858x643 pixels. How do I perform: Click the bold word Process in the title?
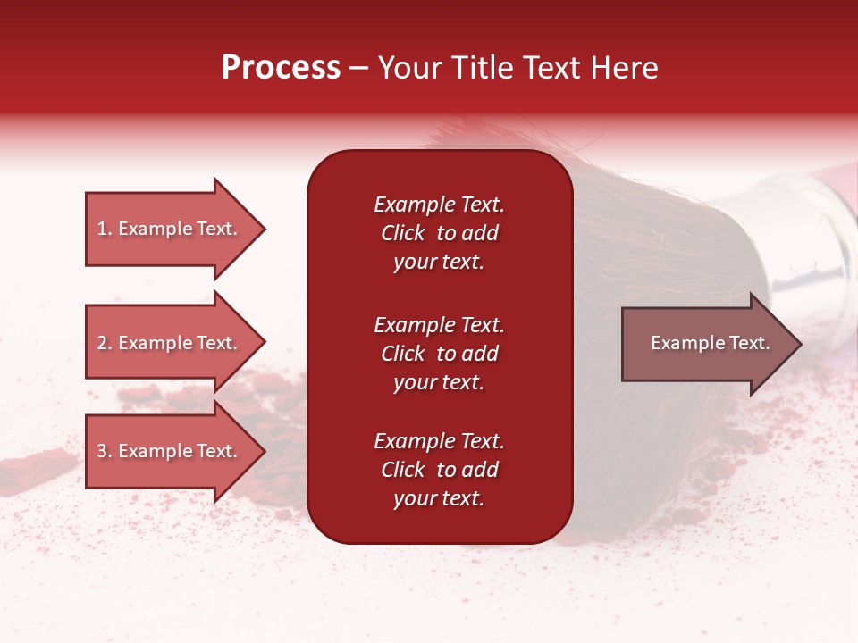[x=281, y=68]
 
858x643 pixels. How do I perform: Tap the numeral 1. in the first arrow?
[x=105, y=230]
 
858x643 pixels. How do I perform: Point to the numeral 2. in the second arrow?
[x=105, y=344]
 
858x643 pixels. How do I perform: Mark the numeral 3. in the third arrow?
[x=105, y=452]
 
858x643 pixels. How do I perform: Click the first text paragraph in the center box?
[x=439, y=233]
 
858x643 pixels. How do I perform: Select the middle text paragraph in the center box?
[x=439, y=354]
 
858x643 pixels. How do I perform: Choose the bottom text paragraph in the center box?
[x=439, y=470]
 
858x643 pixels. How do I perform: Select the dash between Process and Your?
[x=358, y=69]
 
